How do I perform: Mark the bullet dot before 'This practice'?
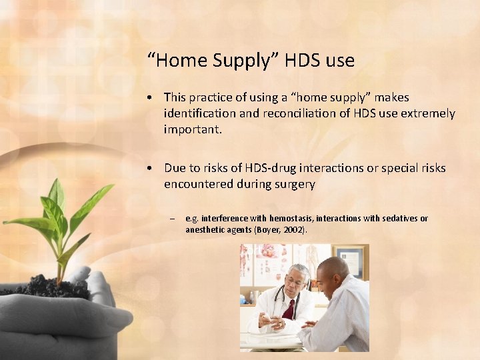coord(153,98)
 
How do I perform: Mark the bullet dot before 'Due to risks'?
coord(153,169)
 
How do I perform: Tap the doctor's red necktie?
coord(288,309)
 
